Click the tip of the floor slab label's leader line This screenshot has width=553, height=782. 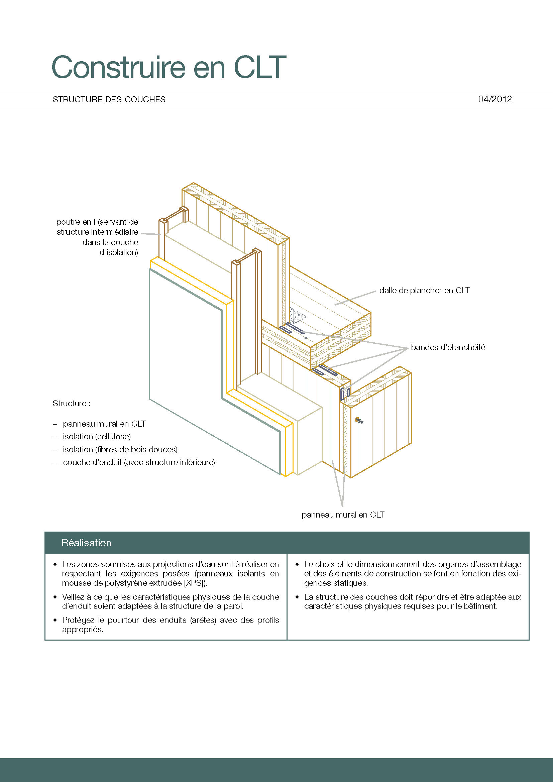pos(335,305)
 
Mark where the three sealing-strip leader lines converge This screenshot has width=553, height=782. pos(408,348)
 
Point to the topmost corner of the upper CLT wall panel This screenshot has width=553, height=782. pos(193,183)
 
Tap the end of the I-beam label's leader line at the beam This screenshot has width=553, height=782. pos(161,234)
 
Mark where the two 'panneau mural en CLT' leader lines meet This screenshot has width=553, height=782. pos(342,507)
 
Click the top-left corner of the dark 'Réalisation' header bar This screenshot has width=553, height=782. pos(45,532)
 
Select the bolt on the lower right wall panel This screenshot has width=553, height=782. pos(359,420)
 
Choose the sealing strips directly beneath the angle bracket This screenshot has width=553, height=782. pos(292,329)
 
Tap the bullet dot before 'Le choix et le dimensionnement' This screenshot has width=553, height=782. pos(297,564)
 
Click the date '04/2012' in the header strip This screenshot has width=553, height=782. pos(495,99)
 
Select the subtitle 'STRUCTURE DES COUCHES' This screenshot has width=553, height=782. pos(109,99)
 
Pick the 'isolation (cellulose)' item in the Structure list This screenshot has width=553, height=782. pos(97,437)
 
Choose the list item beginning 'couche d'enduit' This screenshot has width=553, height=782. pos(139,462)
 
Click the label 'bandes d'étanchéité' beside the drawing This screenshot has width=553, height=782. pos(448,347)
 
